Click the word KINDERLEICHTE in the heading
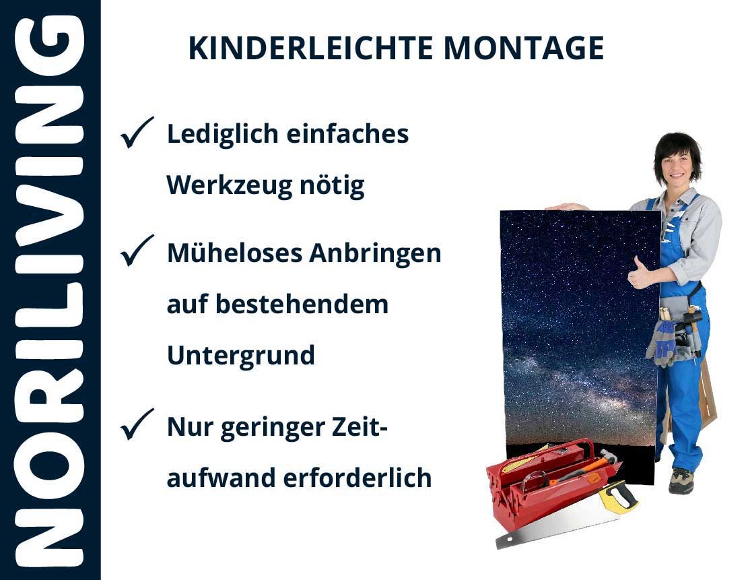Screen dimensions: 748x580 310,49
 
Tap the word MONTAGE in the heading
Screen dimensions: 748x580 524,49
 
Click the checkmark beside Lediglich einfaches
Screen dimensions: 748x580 137,132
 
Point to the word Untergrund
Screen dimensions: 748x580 241,356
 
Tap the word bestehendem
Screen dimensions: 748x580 302,304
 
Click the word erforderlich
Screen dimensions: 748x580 358,478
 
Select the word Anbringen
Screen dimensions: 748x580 375,254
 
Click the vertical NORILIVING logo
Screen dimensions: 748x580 49,290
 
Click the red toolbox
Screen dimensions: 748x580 549,482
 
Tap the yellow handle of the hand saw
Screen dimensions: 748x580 618,497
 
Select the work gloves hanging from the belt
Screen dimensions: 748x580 662,342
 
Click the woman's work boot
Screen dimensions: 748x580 681,480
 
